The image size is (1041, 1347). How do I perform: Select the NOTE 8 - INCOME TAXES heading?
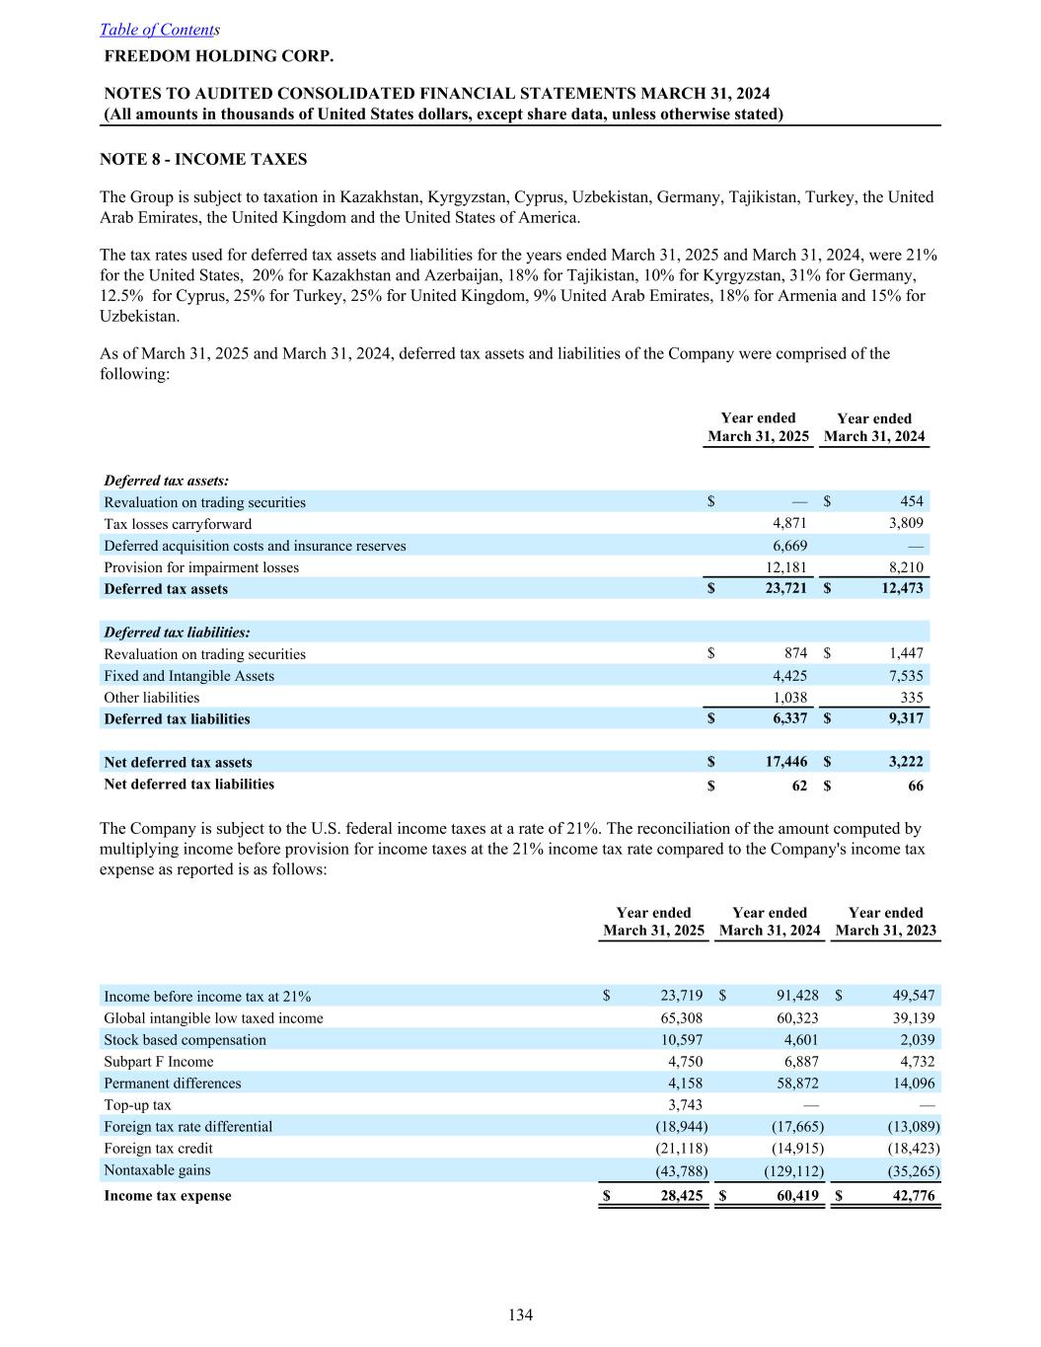[203, 159]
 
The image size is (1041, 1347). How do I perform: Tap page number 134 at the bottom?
[520, 1314]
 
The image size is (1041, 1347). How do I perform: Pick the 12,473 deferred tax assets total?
[901, 588]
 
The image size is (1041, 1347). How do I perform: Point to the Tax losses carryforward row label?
[178, 524]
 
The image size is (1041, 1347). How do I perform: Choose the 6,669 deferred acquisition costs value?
[789, 546]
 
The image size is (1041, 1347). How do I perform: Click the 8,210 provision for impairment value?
[905, 567]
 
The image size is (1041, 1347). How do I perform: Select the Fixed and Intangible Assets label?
[189, 676]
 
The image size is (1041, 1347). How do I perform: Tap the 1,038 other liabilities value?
[789, 698]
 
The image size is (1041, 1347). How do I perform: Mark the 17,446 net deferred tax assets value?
[785, 762]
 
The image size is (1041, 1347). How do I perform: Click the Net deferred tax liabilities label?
[189, 785]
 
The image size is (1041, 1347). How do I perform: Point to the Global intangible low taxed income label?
[213, 1018]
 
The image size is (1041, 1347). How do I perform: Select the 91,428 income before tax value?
[798, 996]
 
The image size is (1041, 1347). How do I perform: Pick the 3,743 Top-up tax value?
[685, 1105]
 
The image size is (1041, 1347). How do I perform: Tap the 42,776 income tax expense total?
[912, 1196]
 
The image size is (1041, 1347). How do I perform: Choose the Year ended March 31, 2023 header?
[885, 922]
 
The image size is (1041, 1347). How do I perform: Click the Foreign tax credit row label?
[158, 1149]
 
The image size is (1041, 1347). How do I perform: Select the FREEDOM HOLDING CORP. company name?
[219, 56]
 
